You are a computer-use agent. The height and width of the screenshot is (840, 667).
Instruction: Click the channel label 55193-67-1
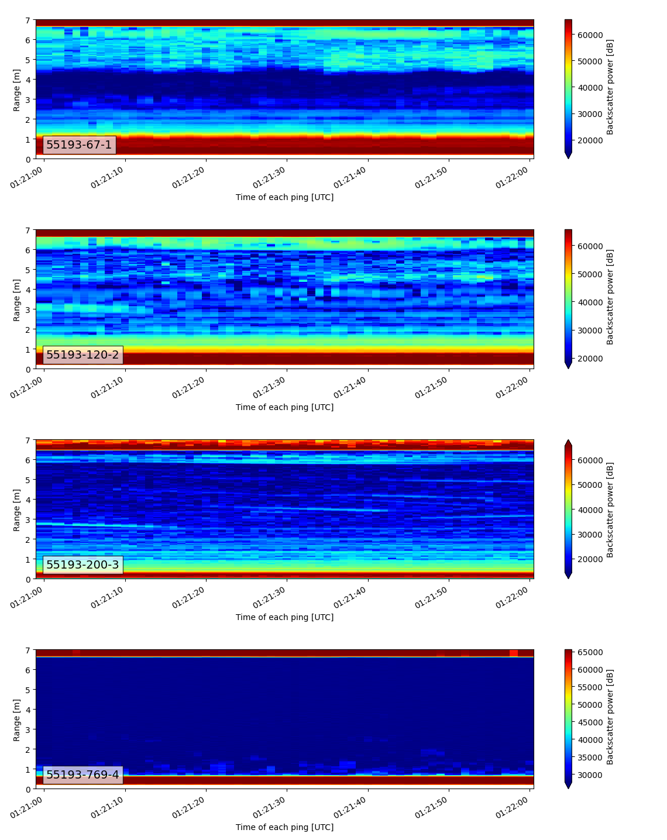coord(79,145)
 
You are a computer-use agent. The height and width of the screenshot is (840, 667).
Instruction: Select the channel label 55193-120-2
coord(82,355)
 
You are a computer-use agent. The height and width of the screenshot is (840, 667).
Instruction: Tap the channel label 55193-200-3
coord(82,565)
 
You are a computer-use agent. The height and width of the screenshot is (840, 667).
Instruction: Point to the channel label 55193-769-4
coord(82,775)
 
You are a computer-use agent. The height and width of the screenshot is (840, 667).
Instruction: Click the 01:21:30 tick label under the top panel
coord(270,176)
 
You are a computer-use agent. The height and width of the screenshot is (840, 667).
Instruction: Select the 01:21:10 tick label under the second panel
coord(108,386)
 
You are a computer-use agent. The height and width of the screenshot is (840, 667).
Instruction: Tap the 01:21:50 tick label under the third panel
coord(432,596)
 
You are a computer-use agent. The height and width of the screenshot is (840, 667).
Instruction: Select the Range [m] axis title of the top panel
coord(17,89)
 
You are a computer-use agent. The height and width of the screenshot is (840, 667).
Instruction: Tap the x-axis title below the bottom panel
coord(284,827)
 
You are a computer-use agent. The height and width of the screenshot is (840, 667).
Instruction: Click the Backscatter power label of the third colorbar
coord(610,509)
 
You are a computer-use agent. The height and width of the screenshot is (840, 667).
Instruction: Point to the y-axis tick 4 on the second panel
coord(28,290)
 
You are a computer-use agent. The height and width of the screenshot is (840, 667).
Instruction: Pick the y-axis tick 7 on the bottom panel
coord(28,650)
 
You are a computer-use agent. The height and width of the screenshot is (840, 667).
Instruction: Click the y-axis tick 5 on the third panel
coord(28,480)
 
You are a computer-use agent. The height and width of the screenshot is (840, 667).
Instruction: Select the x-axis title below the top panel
coord(284,197)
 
